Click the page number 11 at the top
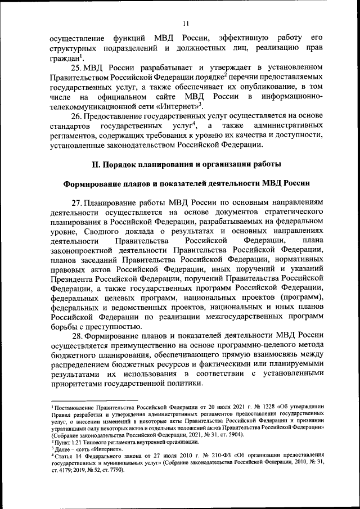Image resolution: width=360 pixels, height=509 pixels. pos(187,22)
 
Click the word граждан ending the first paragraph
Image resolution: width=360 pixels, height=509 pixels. pos(64,58)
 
